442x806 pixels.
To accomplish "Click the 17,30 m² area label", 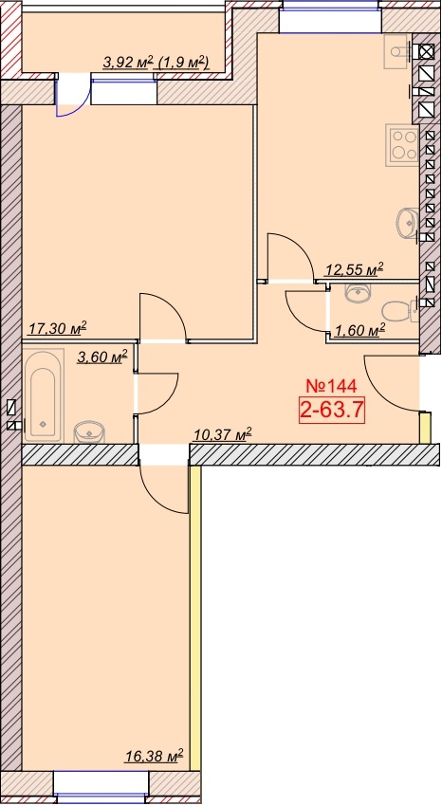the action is point(57,328).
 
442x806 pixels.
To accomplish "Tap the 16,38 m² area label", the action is point(155,756).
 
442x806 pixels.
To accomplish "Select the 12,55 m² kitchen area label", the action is point(355,269).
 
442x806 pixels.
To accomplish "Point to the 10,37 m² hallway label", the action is point(223,435).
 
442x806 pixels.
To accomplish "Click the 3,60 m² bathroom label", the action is point(101,357).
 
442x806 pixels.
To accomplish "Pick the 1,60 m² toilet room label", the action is point(359,330).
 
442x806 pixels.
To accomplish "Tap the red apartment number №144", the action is point(331,385).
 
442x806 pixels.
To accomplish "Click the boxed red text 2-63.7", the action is point(332,411).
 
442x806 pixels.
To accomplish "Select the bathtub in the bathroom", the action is point(44,395).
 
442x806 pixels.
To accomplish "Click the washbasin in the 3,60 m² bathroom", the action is point(89,431).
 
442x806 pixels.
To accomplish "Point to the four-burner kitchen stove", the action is point(403,145).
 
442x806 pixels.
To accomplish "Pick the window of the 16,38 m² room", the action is point(101,787).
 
